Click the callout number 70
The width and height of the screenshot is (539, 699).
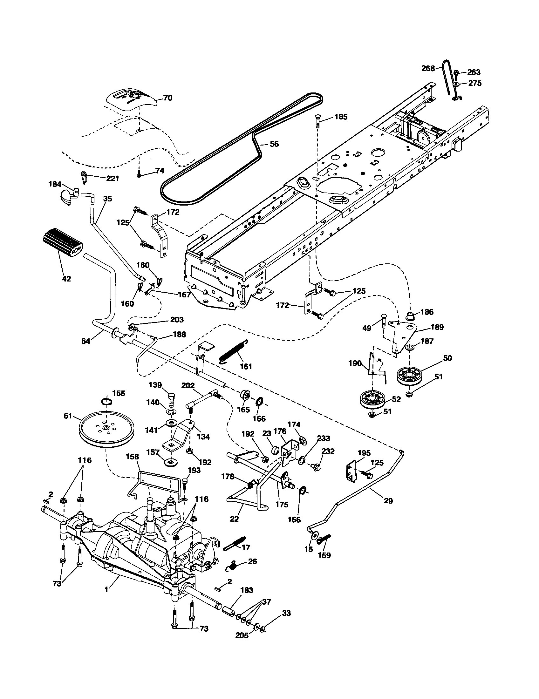point(168,98)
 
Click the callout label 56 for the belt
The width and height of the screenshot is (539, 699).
point(274,144)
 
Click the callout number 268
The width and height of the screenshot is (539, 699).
point(428,68)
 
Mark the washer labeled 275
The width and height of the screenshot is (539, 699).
point(457,84)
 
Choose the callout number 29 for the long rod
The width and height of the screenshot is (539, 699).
point(388,501)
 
